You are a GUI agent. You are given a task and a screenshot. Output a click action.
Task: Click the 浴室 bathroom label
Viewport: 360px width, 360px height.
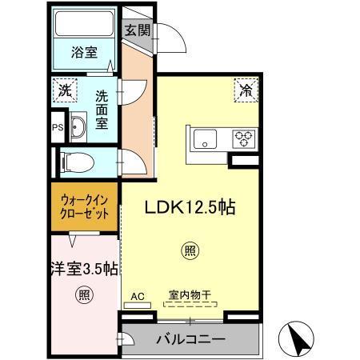[85, 53]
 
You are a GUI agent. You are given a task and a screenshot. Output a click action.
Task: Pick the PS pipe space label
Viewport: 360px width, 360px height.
[56, 127]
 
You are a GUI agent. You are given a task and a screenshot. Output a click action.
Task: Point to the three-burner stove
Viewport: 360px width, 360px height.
[242, 139]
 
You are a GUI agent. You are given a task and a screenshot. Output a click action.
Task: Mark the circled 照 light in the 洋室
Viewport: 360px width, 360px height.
[83, 295]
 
